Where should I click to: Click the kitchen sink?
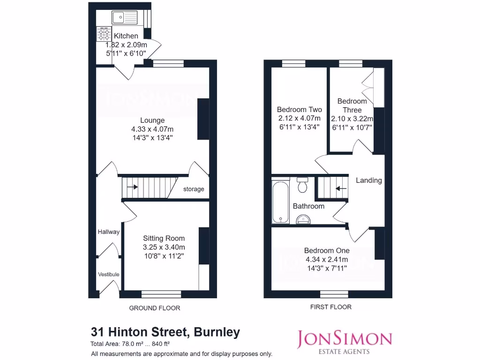[x=124, y=18]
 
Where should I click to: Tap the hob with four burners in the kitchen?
[x=104, y=35]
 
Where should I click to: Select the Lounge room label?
[x=152, y=120]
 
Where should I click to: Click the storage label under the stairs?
[x=194, y=189]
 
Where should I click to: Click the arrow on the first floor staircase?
[x=341, y=189]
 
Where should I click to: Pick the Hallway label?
[x=108, y=232]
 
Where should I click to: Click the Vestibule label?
[x=108, y=274]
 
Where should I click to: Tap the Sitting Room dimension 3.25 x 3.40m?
[x=164, y=247]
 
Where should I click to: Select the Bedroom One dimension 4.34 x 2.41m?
[x=326, y=259]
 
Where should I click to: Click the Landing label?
[x=368, y=180]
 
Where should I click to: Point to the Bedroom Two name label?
[x=299, y=110]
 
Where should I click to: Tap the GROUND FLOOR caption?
[x=154, y=308]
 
